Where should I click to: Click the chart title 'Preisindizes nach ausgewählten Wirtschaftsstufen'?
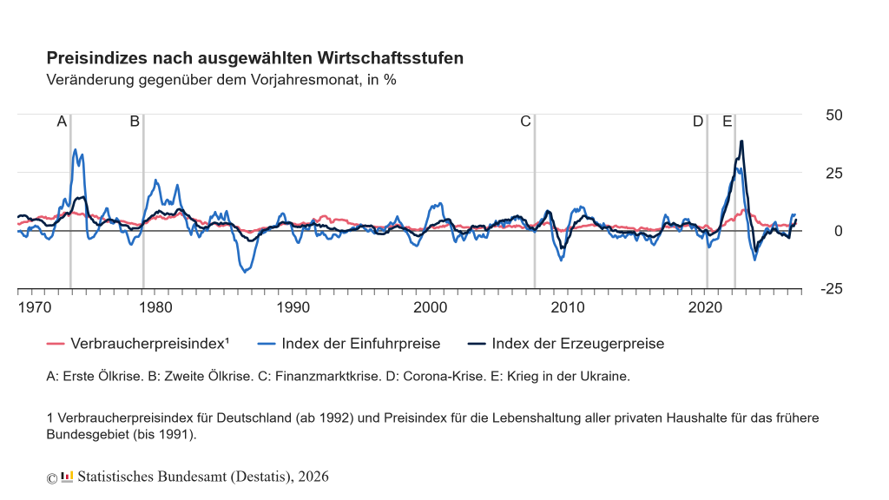255,58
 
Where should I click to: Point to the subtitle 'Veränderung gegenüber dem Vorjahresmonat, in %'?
221,80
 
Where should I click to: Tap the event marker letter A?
62,122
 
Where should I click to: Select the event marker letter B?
135,122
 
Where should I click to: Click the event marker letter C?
525,122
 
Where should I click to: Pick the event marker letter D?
698,122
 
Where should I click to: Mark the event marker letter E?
728,122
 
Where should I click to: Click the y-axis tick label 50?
834,115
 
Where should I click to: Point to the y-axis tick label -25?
832,289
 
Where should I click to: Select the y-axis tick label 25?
834,174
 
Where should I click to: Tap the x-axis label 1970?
35,307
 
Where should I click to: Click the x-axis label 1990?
293,307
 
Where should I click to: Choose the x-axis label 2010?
568,307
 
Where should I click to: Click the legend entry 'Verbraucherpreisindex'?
138,344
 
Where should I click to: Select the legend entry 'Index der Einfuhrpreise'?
349,344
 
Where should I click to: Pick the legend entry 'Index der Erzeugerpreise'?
566,344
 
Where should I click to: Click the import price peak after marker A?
76,149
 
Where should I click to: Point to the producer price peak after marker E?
741,141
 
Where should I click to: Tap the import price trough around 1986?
245,272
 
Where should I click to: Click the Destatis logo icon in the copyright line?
67,477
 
